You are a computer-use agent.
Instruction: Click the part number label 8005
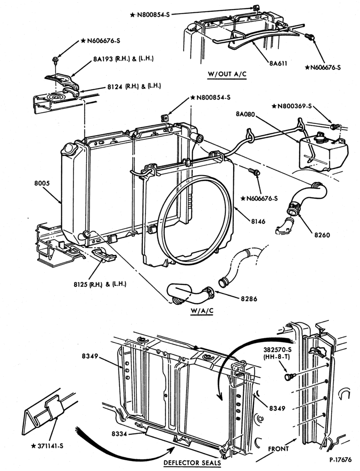click(x=42, y=183)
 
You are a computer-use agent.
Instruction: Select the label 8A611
click(x=278, y=64)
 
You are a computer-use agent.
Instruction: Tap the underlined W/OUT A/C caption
click(x=227, y=74)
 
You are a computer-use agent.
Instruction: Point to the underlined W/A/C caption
click(x=202, y=310)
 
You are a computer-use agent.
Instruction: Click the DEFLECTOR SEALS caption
click(x=192, y=463)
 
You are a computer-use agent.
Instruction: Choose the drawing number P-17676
click(x=340, y=460)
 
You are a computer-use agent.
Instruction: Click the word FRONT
click(x=278, y=449)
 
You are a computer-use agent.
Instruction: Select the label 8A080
click(x=245, y=114)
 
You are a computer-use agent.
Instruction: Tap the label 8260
click(x=322, y=235)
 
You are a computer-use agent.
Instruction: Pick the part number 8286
click(x=249, y=299)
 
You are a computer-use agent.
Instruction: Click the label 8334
click(x=120, y=434)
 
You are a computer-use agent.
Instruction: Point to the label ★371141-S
click(x=48, y=446)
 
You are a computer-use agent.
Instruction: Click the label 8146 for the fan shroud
click(x=258, y=221)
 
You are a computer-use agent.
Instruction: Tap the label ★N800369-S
click(x=292, y=106)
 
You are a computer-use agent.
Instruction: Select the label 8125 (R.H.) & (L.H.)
click(x=100, y=284)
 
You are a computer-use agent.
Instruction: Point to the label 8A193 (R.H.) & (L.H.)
click(x=123, y=59)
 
